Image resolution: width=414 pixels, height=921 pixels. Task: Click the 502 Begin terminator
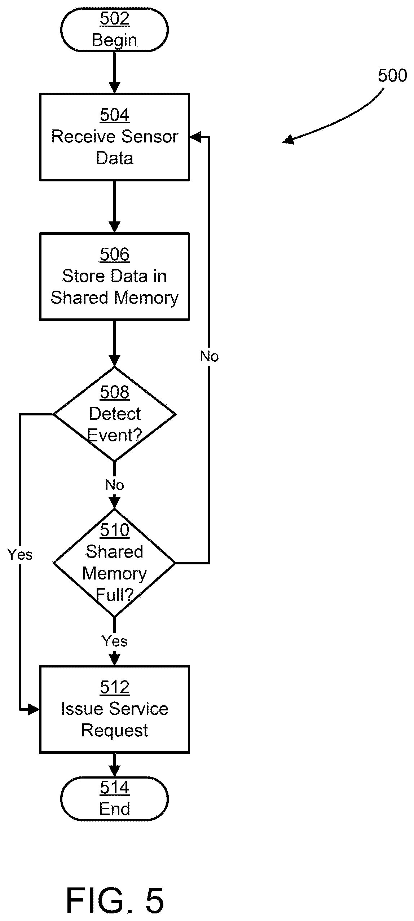pos(114,30)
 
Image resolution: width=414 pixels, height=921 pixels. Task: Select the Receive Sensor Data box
pos(114,137)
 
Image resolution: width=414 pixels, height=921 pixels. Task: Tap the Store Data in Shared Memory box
pos(114,276)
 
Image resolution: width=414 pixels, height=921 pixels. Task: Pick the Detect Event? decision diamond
pos(114,414)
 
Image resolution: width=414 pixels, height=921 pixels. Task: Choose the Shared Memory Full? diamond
pos(114,563)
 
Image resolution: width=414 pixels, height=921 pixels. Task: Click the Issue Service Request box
pos(114,709)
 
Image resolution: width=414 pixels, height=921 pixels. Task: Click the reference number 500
pos(392,76)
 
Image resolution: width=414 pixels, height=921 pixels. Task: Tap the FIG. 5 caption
pos(115,901)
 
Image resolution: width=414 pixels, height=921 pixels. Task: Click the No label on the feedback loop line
pos(209,356)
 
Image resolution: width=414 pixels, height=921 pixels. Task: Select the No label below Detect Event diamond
pos(115,485)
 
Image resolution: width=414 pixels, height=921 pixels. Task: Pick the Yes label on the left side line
pos(20,555)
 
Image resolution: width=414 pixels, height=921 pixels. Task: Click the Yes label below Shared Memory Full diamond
pos(115,641)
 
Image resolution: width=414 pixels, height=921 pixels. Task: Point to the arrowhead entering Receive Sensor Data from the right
pos(195,137)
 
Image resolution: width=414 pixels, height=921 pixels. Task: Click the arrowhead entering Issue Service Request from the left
pos(34,710)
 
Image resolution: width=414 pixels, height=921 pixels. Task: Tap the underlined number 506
pos(114,254)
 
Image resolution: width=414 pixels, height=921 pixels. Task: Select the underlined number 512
pos(114,687)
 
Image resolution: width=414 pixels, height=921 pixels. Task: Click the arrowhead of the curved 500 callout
pos(288,140)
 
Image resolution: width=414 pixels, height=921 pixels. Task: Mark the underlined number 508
pos(114,392)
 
